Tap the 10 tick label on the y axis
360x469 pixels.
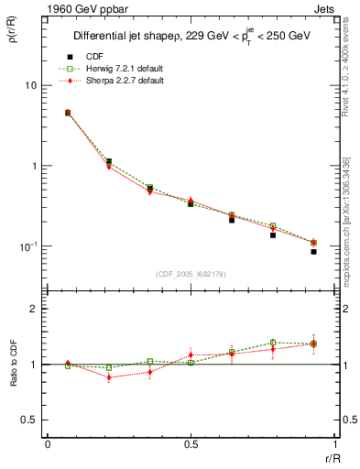(x=29, y=85)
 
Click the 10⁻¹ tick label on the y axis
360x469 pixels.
(x=27, y=246)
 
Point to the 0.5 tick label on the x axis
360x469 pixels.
(x=190, y=443)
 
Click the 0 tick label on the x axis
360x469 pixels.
(x=47, y=443)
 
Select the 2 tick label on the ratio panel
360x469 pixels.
(x=33, y=309)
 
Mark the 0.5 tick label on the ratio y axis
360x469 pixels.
(x=29, y=420)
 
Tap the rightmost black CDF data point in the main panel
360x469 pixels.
(x=313, y=251)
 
